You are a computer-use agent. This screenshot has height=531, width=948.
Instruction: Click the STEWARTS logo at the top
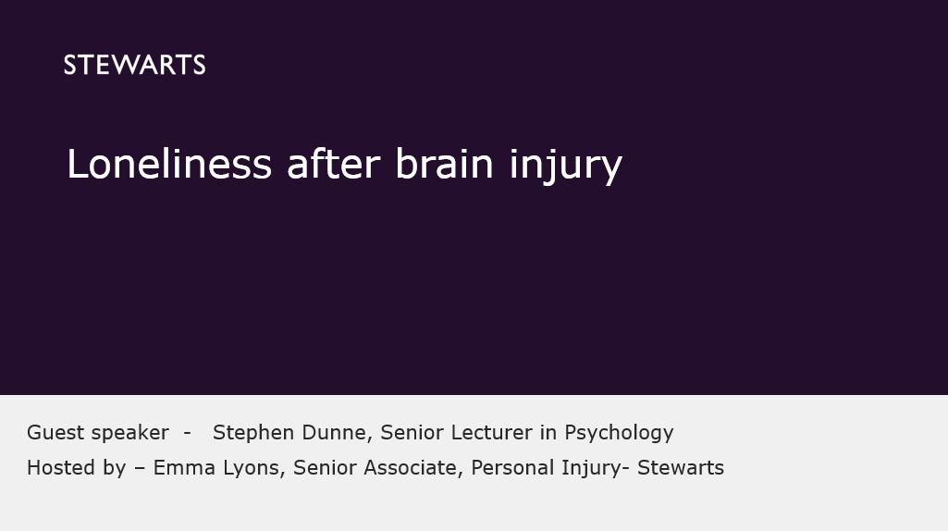(134, 66)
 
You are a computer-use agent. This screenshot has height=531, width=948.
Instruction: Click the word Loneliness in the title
(169, 164)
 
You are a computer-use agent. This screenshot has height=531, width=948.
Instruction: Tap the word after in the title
(334, 164)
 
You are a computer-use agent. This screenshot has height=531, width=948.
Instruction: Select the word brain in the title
(444, 164)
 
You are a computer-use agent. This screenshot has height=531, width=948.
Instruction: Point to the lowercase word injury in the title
(566, 167)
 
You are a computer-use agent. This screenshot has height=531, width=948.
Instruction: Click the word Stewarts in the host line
(681, 467)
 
